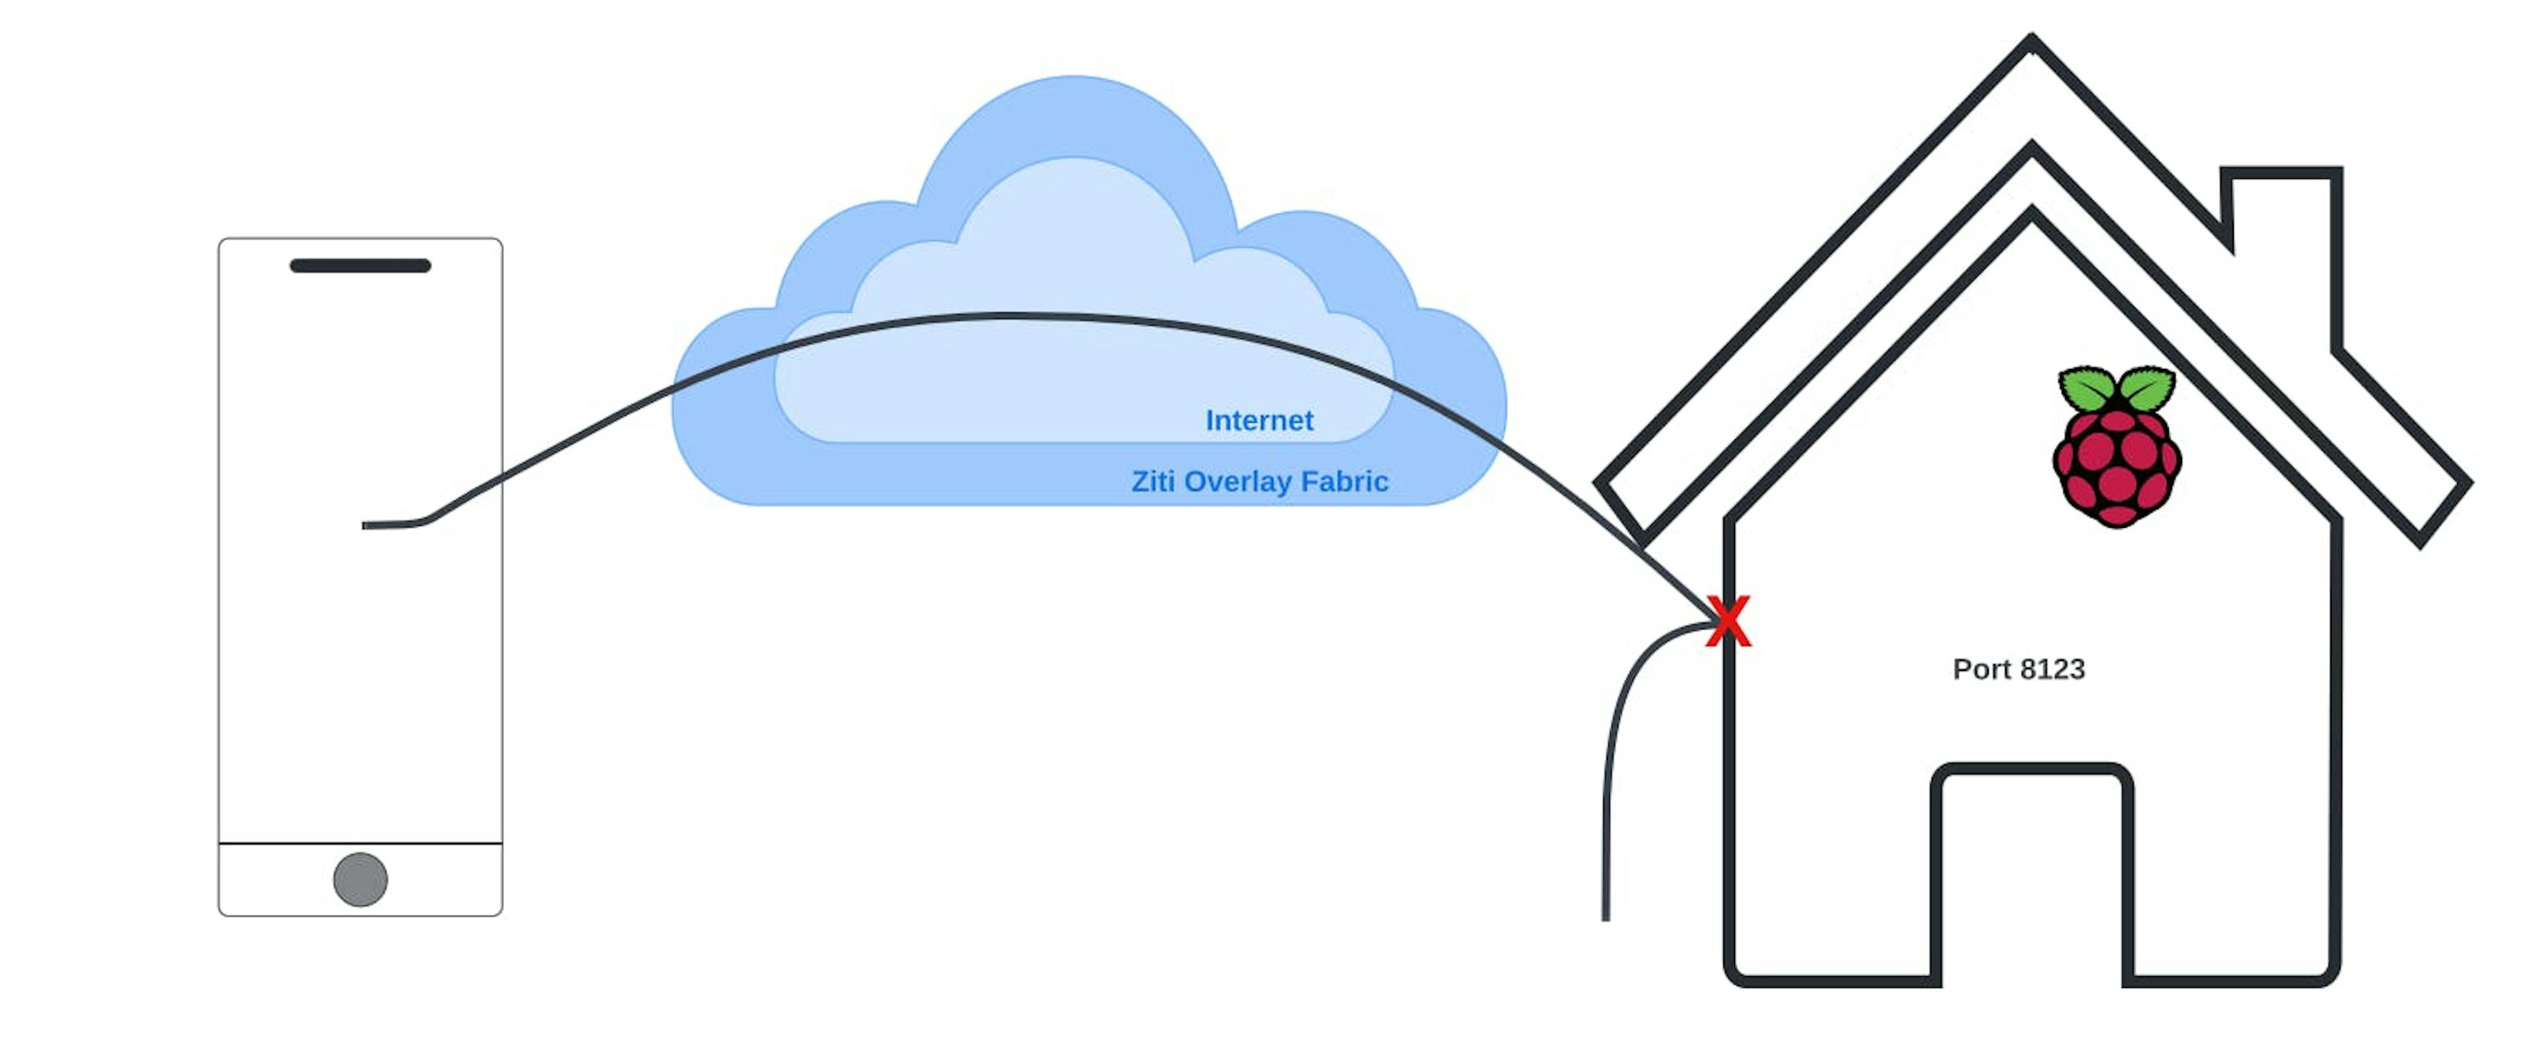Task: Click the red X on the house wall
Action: (1728, 622)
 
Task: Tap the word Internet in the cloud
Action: (1259, 421)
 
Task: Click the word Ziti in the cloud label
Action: (1152, 481)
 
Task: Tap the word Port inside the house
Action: (1982, 669)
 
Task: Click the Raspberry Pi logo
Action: (2117, 449)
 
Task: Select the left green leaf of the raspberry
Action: (2086, 389)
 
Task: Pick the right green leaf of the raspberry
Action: (2147, 388)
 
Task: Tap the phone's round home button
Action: (360, 880)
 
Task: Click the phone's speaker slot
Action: (360, 266)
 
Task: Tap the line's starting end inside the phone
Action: (366, 525)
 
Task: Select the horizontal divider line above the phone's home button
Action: (360, 844)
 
